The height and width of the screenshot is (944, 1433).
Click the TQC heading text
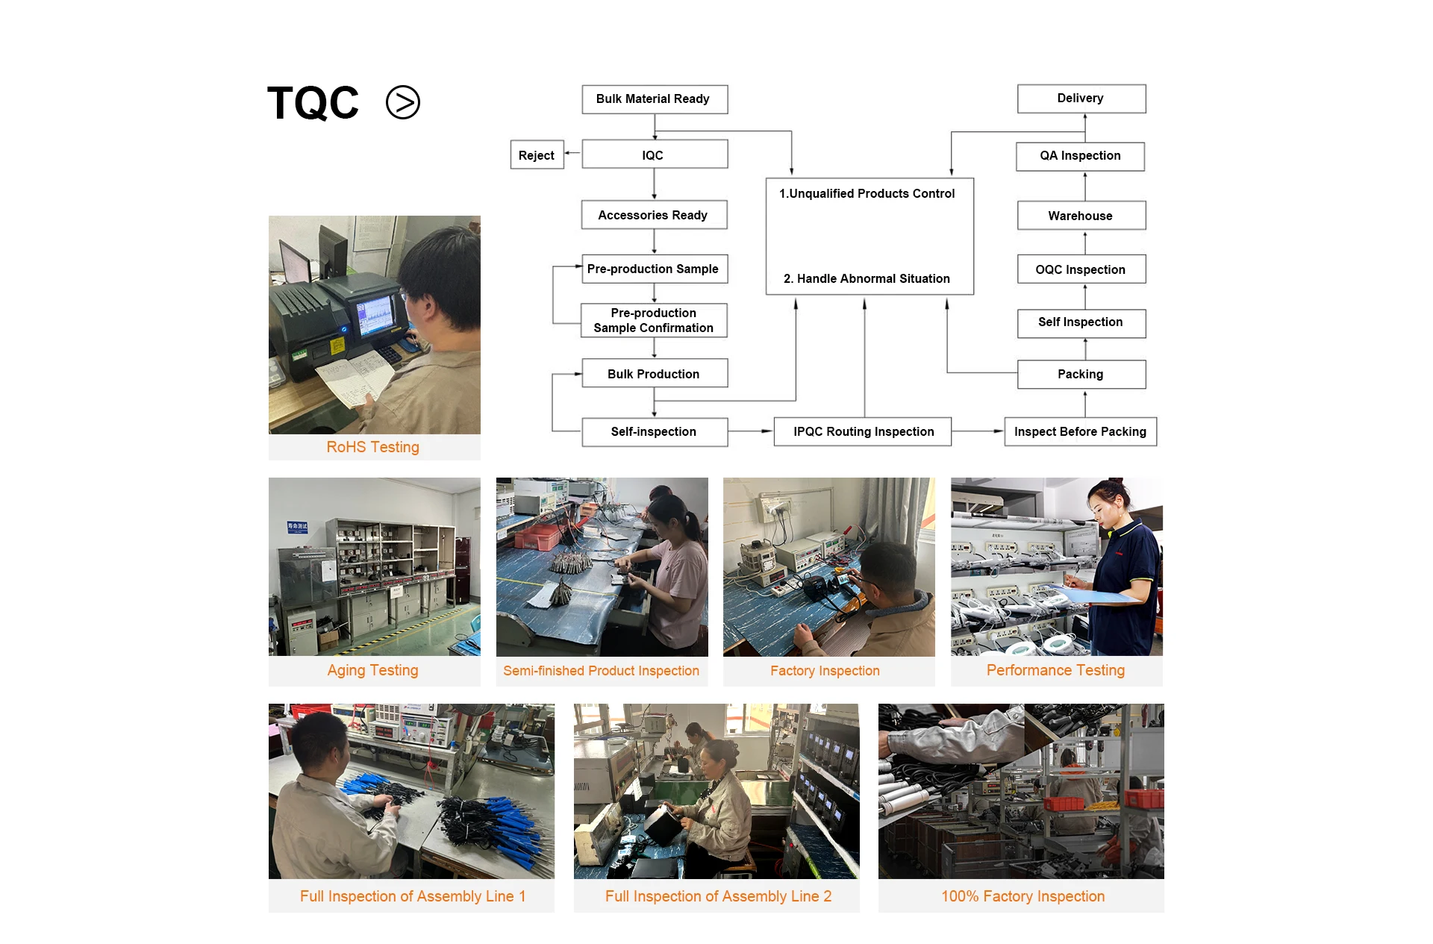click(313, 103)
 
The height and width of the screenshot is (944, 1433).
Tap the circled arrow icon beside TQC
click(403, 103)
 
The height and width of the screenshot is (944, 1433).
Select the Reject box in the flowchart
click(537, 155)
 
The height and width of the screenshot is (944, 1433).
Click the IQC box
click(655, 154)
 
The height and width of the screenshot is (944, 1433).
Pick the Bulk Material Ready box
click(655, 99)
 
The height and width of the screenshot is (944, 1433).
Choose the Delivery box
click(1081, 99)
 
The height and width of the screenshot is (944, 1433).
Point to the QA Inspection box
click(1080, 156)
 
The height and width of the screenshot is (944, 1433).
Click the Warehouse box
click(1081, 216)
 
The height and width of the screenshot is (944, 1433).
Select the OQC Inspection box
click(1081, 269)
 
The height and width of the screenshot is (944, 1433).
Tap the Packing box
click(1081, 375)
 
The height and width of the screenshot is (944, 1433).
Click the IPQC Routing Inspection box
click(863, 431)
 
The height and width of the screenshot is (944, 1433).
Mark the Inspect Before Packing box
click(1081, 431)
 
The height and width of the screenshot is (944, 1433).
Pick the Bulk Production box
click(655, 373)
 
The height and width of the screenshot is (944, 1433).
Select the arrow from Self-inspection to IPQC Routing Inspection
click(751, 431)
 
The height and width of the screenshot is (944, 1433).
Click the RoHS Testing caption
click(373, 447)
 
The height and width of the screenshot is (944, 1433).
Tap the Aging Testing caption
click(373, 670)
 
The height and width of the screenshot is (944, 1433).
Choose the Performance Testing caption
click(1055, 670)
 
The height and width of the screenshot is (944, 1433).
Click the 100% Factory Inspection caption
click(1023, 896)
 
